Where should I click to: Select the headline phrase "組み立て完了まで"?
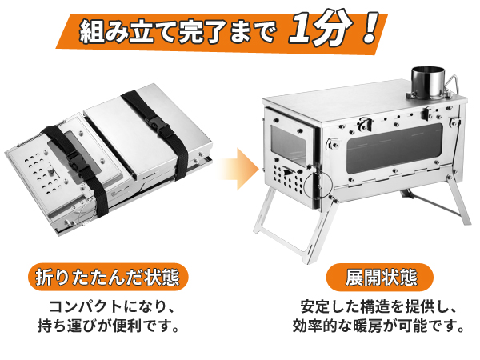point(178,31)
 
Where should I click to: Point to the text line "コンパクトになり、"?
point(112,307)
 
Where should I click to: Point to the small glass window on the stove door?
point(286,147)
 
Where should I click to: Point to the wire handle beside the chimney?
point(452,82)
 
